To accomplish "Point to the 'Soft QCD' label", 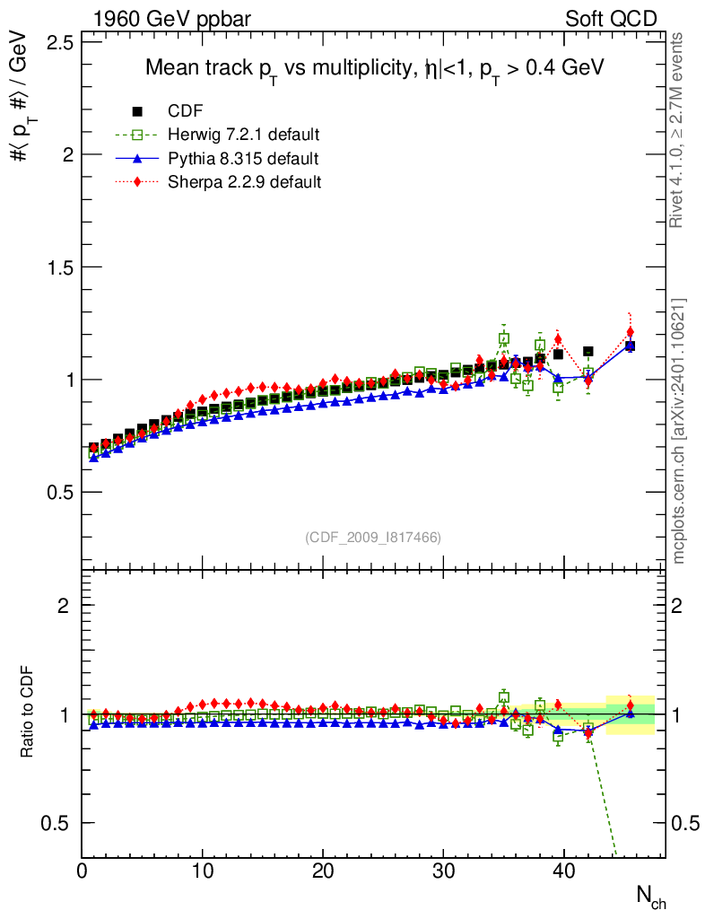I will (611, 19).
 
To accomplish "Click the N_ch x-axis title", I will (650, 897).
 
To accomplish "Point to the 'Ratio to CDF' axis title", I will (27, 713).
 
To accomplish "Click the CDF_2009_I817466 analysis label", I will (373, 538).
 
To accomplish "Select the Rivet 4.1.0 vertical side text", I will (678, 130).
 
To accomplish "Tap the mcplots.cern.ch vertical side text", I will (678, 431).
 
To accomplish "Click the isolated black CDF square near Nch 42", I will (588, 352).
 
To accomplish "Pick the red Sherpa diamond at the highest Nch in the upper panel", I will (631, 332).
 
